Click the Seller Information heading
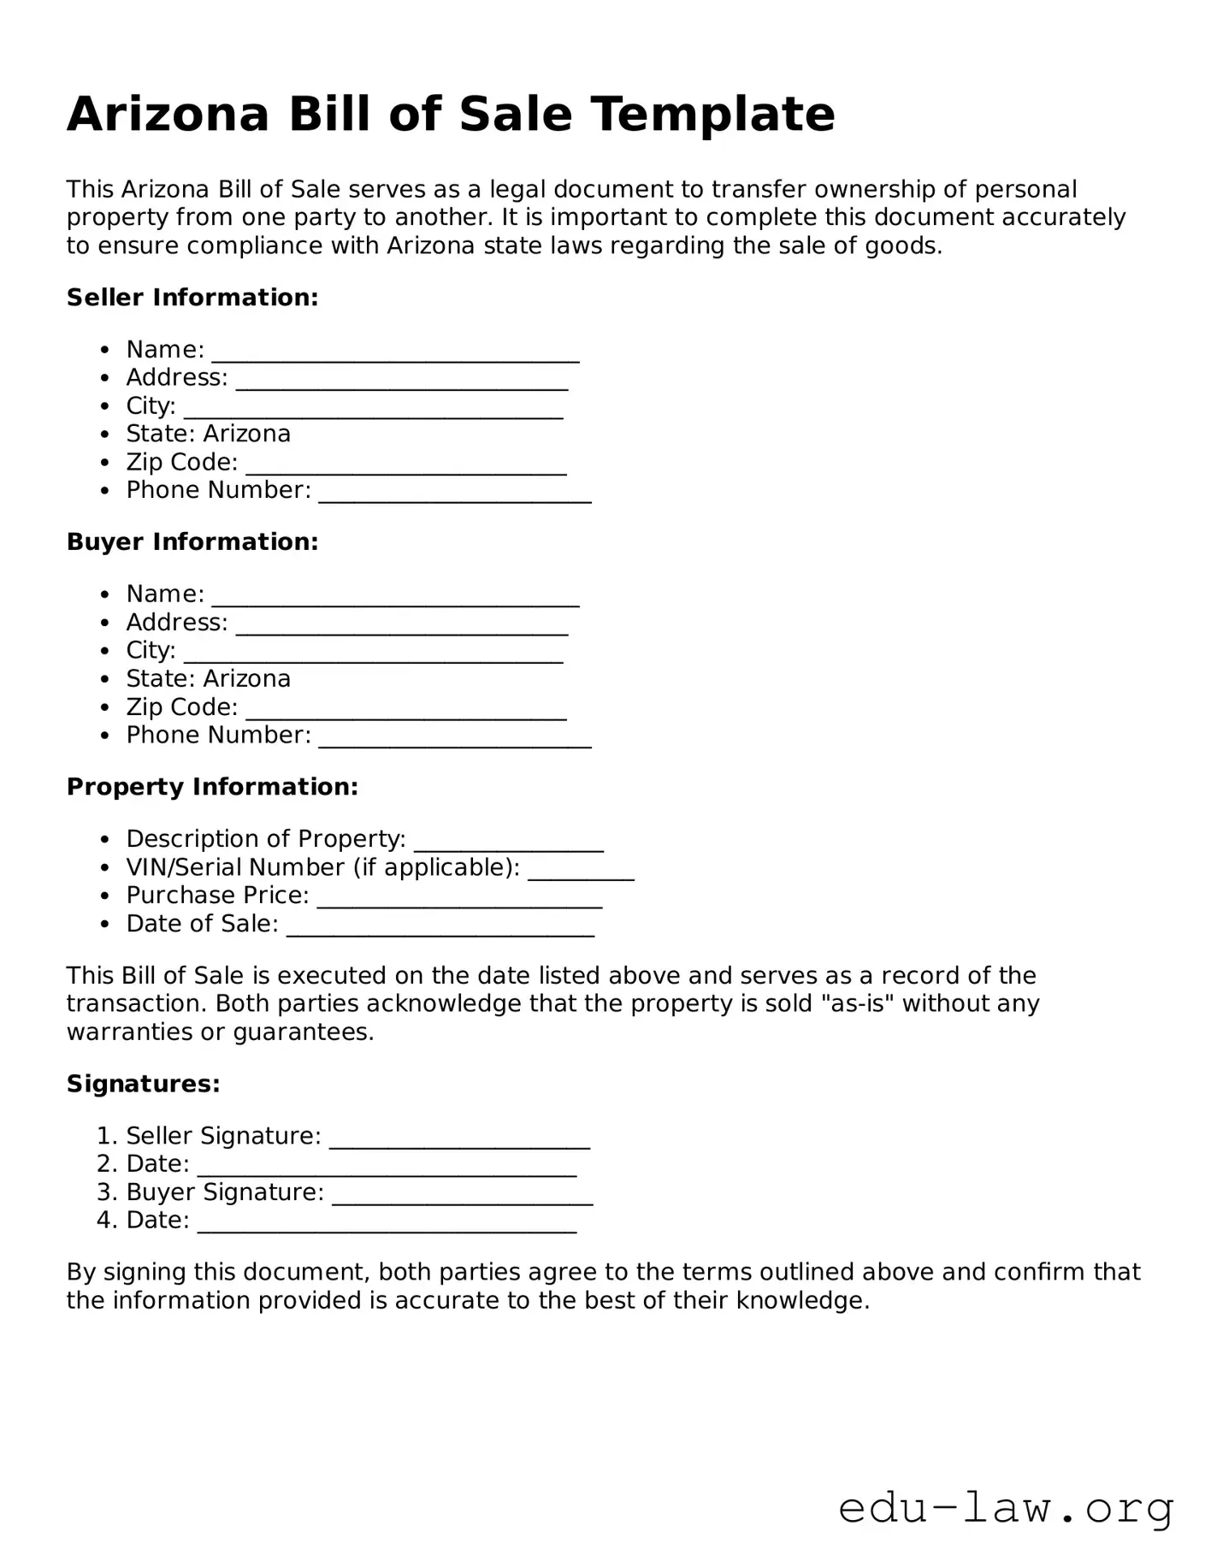pyautogui.click(x=192, y=298)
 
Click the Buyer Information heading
pyautogui.click(x=192, y=542)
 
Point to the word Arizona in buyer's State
pyautogui.click(x=247, y=679)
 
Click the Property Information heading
pyautogui.click(x=212, y=787)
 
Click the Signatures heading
pyautogui.click(x=144, y=1085)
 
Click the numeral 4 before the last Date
pyautogui.click(x=104, y=1221)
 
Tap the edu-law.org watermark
pyautogui.click(x=1005, y=1509)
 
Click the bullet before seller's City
pyautogui.click(x=104, y=406)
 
